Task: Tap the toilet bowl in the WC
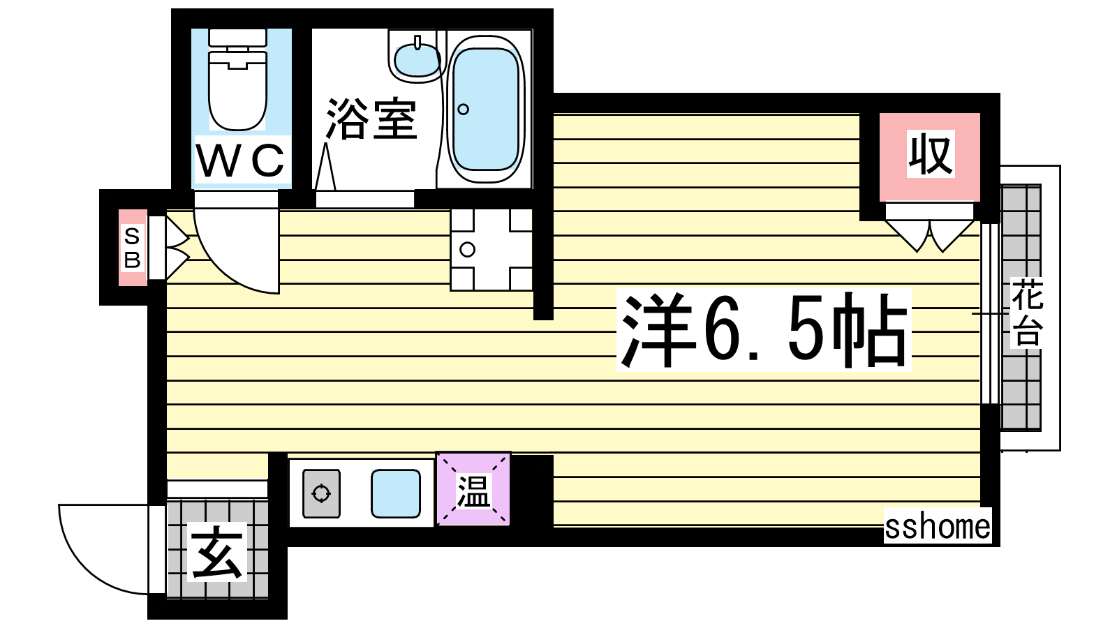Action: tap(237, 90)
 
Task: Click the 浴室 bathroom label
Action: tap(371, 119)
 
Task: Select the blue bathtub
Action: tap(486, 110)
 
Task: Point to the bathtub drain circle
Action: tap(463, 109)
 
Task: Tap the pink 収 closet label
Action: tap(930, 154)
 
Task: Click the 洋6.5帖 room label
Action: tap(763, 330)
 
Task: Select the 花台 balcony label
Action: tap(1027, 313)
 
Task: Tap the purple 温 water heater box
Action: tap(473, 489)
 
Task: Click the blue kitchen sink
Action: tap(395, 493)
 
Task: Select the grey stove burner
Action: tap(322, 493)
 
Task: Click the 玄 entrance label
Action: tap(217, 552)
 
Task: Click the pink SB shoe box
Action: tap(133, 248)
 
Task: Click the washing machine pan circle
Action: tap(467, 249)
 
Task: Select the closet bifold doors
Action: tap(929, 234)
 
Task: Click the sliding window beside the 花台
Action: tap(990, 313)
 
